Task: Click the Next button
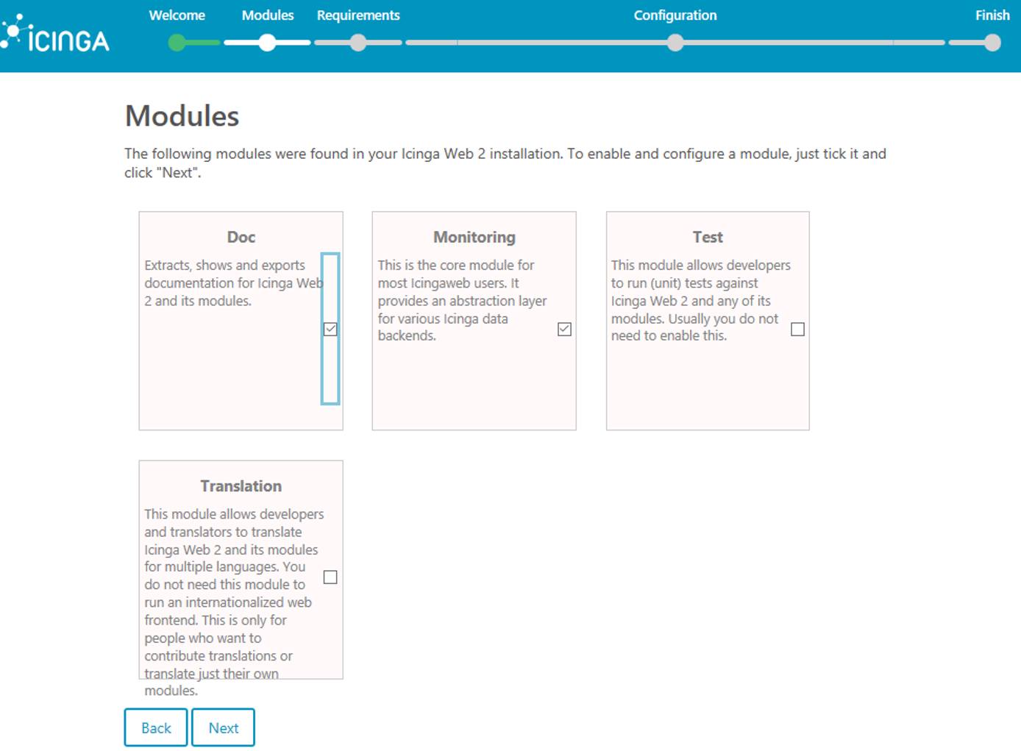tap(223, 727)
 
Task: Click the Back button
tap(156, 727)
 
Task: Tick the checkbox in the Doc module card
tap(330, 329)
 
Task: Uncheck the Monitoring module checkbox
tap(564, 329)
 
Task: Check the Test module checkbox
tap(797, 329)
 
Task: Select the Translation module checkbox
tap(330, 577)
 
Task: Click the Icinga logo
tap(56, 35)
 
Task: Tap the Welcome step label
tap(177, 15)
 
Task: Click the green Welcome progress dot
tap(177, 43)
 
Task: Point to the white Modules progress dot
tap(268, 43)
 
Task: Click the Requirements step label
tap(358, 15)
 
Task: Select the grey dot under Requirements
tap(358, 43)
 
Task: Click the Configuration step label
tap(675, 15)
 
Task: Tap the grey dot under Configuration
tap(675, 43)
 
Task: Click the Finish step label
tap(992, 15)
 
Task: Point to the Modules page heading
tap(182, 116)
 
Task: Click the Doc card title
tap(241, 237)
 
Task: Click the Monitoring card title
tap(474, 237)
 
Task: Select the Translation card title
tap(241, 486)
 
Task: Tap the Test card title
tap(707, 237)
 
